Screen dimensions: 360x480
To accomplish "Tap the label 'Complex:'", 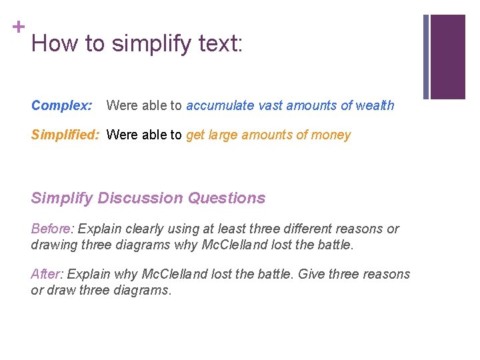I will tap(61, 105).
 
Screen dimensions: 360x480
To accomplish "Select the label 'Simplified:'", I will tap(65, 135).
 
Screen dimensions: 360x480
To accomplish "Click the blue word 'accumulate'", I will tap(219, 105).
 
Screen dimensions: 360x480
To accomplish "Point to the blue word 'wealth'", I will tap(375, 105).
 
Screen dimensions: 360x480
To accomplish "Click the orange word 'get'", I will tap(195, 135).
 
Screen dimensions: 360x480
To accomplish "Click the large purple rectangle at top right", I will tap(448, 56).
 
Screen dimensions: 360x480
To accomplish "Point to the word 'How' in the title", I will tap(52, 44).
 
